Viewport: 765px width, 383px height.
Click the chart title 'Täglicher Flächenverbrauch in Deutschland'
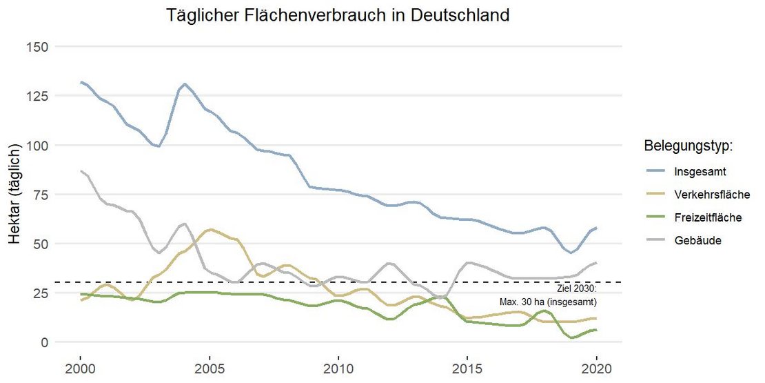338,14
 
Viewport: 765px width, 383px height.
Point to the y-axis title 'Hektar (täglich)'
15,195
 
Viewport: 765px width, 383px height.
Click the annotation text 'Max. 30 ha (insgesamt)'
549,302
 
